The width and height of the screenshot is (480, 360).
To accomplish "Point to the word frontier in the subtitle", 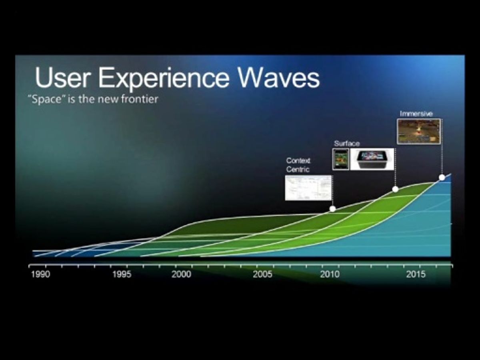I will [x=138, y=99].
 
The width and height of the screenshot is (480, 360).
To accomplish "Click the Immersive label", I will [x=416, y=114].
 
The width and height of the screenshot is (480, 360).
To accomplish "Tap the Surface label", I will [x=347, y=143].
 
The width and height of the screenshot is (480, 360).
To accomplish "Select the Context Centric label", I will [x=298, y=165].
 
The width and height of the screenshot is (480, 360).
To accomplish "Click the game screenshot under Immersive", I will [x=418, y=131].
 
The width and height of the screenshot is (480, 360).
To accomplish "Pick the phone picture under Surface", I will [x=341, y=159].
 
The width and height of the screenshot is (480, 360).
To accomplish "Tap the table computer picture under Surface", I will [x=372, y=159].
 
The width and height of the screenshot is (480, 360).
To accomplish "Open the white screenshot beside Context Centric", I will [x=308, y=188].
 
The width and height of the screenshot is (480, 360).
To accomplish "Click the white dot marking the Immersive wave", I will [x=442, y=177].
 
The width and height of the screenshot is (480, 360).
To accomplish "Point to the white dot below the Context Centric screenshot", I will [x=332, y=209].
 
